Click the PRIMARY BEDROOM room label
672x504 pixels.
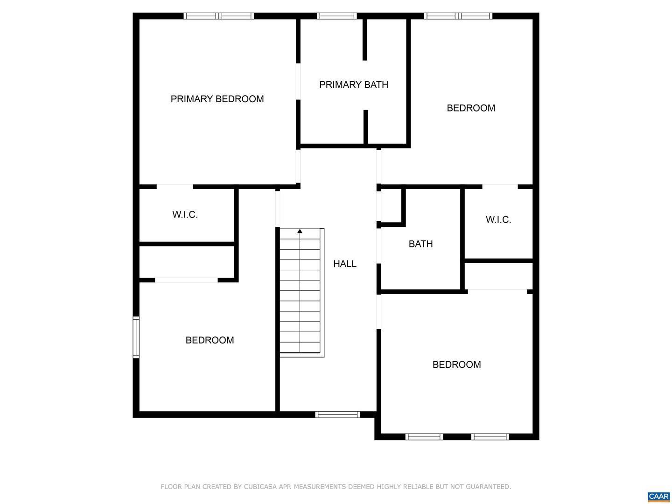[x=217, y=99]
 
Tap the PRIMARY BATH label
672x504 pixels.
[x=354, y=84]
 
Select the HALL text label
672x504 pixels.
[x=345, y=264]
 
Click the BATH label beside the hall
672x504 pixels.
[x=420, y=244]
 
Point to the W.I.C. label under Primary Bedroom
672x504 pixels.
[x=185, y=215]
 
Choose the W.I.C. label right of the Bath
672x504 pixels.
[x=498, y=220]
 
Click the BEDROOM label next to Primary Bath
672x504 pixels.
[x=471, y=108]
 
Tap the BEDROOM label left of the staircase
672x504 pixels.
[x=210, y=340]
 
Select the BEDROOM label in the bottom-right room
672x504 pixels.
[x=456, y=364]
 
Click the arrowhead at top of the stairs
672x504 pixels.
[x=300, y=231]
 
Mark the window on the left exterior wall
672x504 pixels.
[x=136, y=337]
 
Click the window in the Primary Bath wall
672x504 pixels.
[x=336, y=16]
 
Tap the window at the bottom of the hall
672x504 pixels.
[x=337, y=414]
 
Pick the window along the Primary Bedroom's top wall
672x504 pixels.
[x=218, y=16]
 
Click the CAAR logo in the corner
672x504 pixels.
[x=658, y=497]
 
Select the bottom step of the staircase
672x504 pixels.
[x=300, y=348]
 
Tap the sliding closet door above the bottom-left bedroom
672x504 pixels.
[x=186, y=280]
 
